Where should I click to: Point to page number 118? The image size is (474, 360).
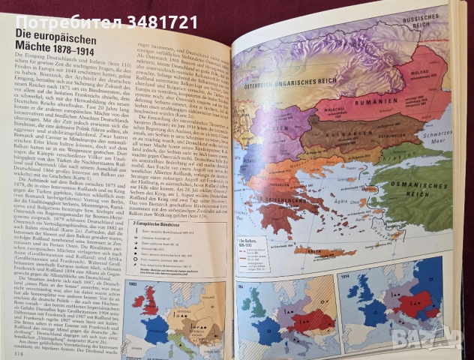(11, 352)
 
